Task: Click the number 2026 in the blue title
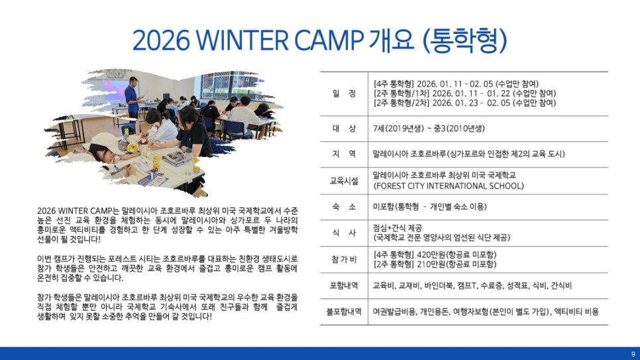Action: pos(161,40)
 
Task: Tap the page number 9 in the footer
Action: pos(633,354)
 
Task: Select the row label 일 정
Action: pos(344,93)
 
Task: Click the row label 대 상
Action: pos(344,129)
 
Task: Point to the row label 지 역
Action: pos(344,154)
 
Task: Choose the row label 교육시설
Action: pos(344,180)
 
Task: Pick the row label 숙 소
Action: pos(344,207)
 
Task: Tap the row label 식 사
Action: pos(344,233)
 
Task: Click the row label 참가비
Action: pos(344,259)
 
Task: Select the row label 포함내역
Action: pos(344,285)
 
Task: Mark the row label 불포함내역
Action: pos(344,312)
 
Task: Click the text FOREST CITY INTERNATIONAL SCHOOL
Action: pos(449,186)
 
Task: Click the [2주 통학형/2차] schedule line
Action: pos(464,103)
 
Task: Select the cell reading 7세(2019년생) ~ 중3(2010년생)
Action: pos(429,129)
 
